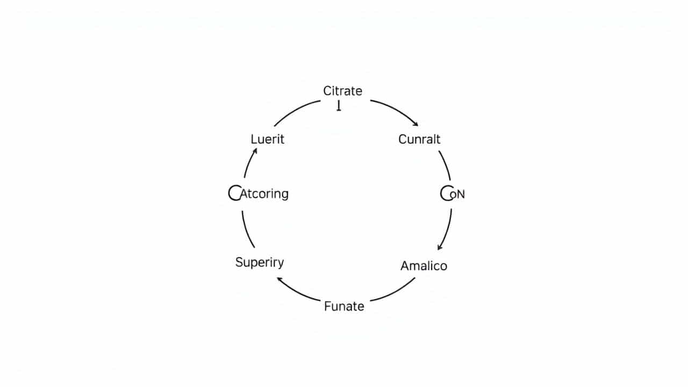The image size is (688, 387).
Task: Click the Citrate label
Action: (x=342, y=91)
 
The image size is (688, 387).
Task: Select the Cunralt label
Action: (x=419, y=139)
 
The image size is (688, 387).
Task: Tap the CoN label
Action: (x=453, y=193)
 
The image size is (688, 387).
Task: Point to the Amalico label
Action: (x=424, y=266)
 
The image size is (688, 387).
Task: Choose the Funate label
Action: (x=344, y=306)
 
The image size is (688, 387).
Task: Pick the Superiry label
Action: (x=260, y=262)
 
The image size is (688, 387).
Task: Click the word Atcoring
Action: (x=264, y=193)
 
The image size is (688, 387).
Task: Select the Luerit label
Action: (x=267, y=139)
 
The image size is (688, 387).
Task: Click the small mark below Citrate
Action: (x=339, y=106)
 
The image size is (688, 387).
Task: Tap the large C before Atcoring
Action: (x=234, y=193)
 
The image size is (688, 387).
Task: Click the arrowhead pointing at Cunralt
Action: (x=415, y=124)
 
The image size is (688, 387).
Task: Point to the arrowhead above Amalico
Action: (x=440, y=247)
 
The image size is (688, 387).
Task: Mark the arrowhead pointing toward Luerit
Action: (x=255, y=151)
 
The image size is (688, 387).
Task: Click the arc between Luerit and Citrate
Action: (x=296, y=110)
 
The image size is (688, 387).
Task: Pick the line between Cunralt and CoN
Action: (x=445, y=164)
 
